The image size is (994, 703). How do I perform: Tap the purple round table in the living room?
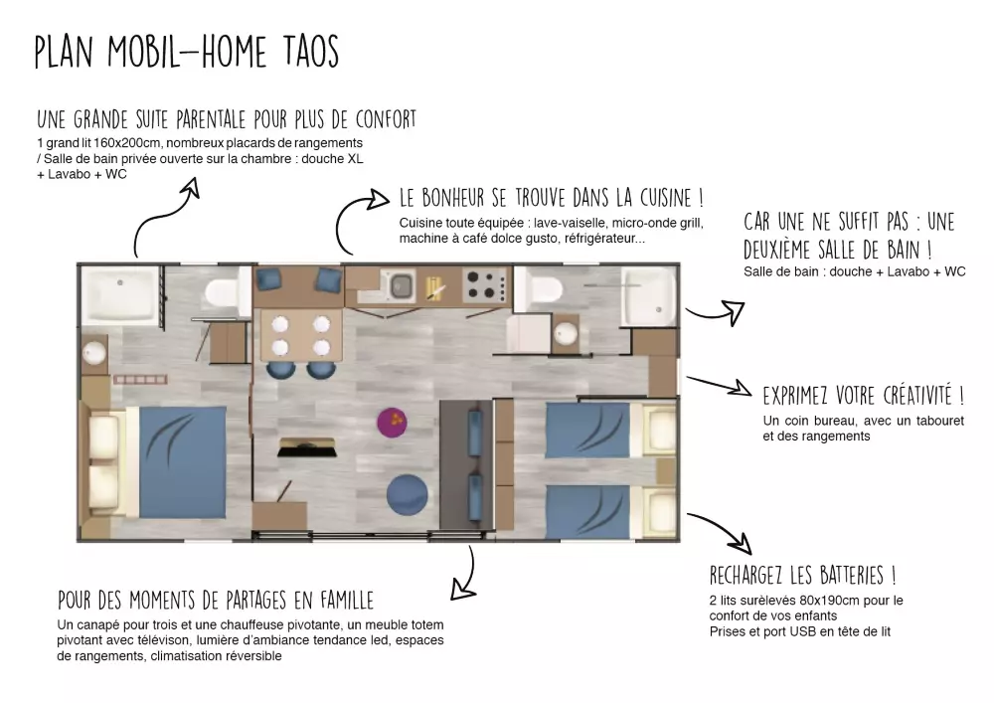392,422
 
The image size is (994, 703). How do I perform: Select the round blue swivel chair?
407,495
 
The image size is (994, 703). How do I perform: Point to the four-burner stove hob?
486,285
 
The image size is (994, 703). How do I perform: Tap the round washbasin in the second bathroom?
565,333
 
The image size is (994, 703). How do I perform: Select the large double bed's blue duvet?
183,461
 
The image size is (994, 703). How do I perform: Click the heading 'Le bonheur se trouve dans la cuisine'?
551,198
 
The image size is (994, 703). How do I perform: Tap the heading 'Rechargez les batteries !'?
802,576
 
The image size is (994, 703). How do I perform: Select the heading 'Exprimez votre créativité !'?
864,396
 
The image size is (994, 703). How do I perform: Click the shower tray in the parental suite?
120,294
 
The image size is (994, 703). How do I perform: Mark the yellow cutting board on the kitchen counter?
435,287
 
